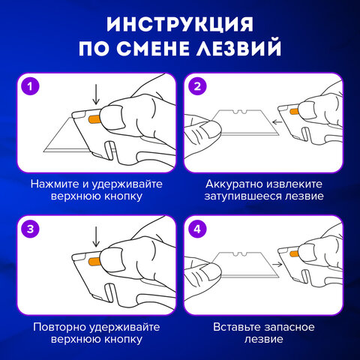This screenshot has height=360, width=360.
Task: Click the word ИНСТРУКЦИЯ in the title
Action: point(180,23)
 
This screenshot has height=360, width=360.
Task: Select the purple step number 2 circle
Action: point(198,86)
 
